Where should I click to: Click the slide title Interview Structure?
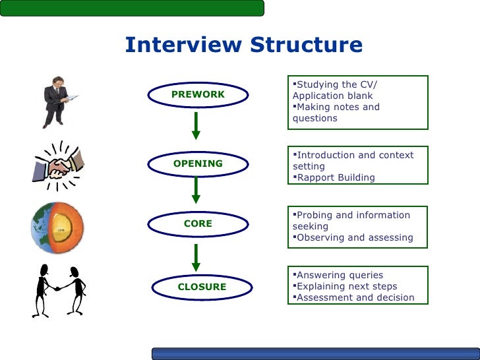(243, 45)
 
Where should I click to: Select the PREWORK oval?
(198, 94)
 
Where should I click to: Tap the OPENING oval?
(198, 164)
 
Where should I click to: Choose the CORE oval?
(198, 224)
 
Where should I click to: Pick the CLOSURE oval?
(202, 287)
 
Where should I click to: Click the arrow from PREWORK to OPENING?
(196, 126)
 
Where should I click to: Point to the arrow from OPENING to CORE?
(196, 190)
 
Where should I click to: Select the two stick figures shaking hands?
(59, 290)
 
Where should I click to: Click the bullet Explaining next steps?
(345, 286)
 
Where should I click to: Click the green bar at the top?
(132, 8)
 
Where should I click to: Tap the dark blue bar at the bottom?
(315, 353)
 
